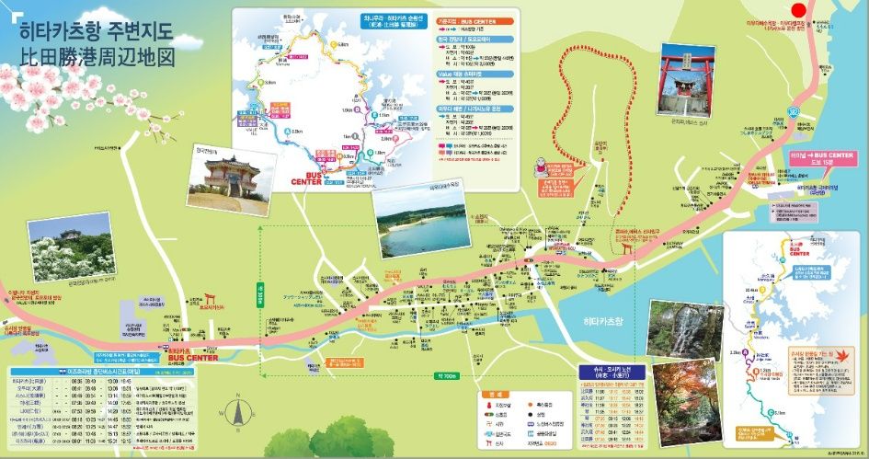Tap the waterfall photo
680,327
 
